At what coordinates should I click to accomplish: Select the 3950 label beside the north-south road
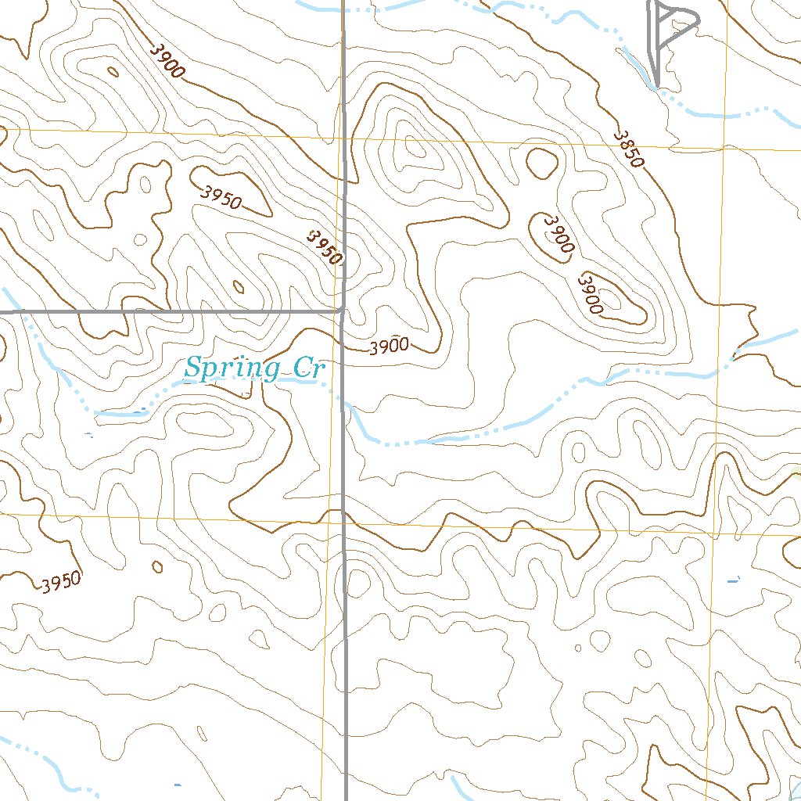(325, 246)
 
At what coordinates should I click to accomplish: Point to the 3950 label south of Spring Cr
(61, 583)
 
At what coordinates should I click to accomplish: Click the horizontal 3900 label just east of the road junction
(389, 346)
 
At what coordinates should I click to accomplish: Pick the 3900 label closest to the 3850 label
(558, 233)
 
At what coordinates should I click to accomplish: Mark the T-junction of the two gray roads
(343, 311)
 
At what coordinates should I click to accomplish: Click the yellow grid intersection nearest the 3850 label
(724, 148)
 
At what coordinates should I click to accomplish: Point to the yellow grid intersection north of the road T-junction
(343, 138)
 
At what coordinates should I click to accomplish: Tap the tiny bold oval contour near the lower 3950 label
(157, 566)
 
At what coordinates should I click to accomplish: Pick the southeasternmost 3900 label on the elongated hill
(591, 293)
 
